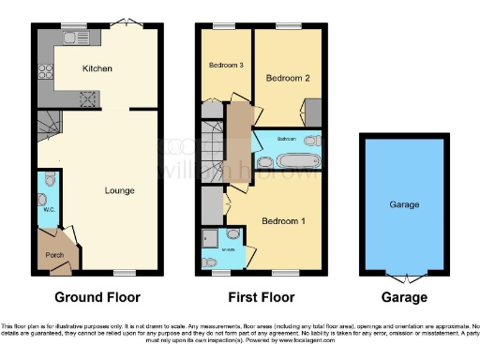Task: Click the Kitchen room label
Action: pos(97,68)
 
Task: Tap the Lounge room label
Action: pos(119,190)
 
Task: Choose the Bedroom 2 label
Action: pos(286,79)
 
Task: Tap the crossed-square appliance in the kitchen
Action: pos(91,97)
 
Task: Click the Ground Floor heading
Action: pos(97,297)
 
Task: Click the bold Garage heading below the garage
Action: pos(404,297)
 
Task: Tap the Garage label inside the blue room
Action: pos(404,204)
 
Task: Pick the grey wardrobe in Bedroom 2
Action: pos(314,112)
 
